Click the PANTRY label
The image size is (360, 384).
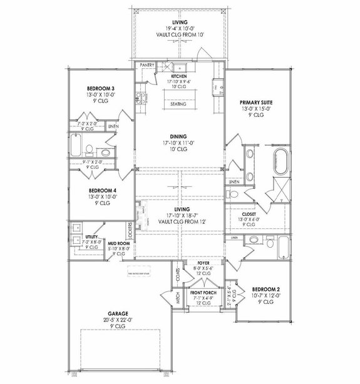click(x=147, y=64)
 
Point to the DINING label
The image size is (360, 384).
click(x=180, y=136)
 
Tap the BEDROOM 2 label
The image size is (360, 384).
click(x=265, y=290)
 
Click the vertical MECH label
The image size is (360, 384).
click(x=178, y=300)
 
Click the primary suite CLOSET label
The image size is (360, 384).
click(x=240, y=213)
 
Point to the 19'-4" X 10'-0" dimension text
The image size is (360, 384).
click(x=180, y=28)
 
